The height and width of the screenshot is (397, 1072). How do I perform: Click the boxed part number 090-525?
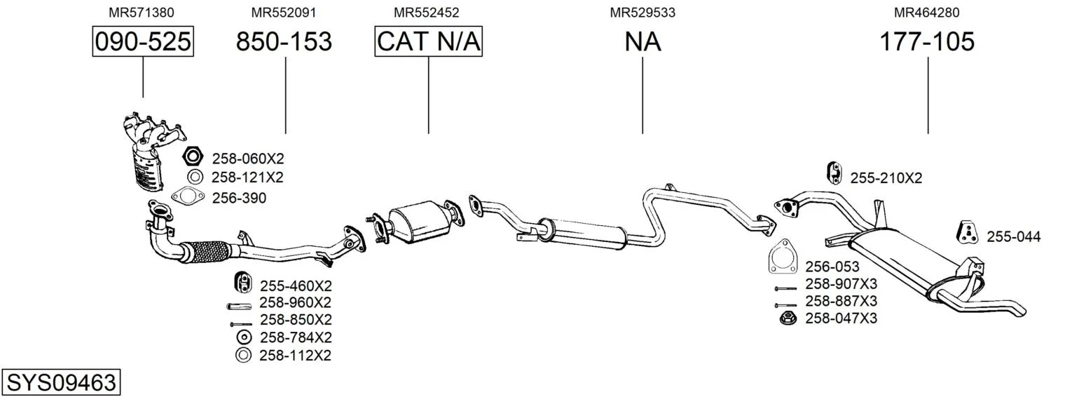pyautogui.click(x=143, y=41)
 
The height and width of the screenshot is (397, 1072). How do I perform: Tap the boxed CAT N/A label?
pyautogui.click(x=428, y=41)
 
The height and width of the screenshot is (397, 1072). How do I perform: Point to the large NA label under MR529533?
pyautogui.click(x=642, y=41)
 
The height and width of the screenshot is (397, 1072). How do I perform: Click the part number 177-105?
pyautogui.click(x=927, y=41)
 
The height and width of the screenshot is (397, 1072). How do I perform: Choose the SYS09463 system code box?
pyautogui.click(x=61, y=382)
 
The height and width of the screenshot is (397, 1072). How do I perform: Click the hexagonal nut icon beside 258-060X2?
pyautogui.click(x=193, y=156)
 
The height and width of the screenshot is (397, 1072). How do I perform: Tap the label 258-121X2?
pyautogui.click(x=247, y=177)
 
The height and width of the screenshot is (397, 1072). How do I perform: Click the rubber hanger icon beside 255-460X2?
pyautogui.click(x=243, y=282)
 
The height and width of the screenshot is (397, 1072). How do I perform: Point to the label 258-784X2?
pyautogui.click(x=296, y=337)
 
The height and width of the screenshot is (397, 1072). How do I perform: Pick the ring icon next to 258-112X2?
pyautogui.click(x=243, y=356)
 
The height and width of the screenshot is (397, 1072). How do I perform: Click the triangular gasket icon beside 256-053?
pyautogui.click(x=783, y=257)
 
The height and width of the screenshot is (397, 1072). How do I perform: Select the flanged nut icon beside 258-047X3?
pyautogui.click(x=788, y=318)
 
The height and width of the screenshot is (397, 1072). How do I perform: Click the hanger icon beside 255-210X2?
pyautogui.click(x=834, y=173)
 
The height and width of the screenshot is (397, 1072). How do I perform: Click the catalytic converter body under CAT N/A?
pyautogui.click(x=420, y=222)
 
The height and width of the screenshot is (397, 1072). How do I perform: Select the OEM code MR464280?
pyautogui.click(x=926, y=13)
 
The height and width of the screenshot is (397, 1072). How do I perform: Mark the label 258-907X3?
pyautogui.click(x=841, y=284)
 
